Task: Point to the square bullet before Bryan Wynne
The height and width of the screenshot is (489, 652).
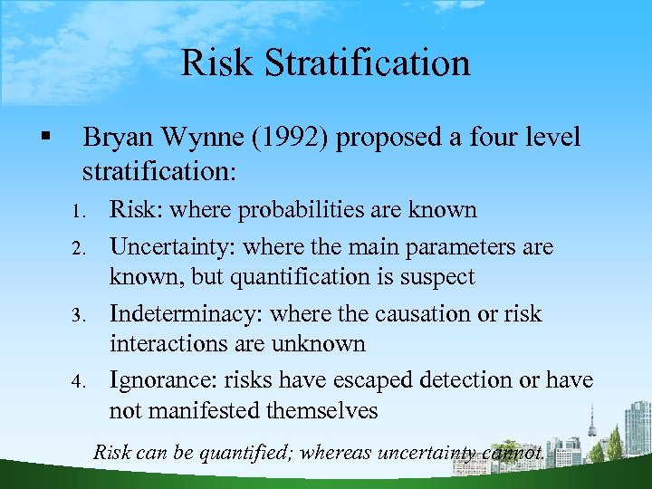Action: point(44,138)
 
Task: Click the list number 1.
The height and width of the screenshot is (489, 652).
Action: point(79,212)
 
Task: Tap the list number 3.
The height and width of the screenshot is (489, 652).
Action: point(79,316)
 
